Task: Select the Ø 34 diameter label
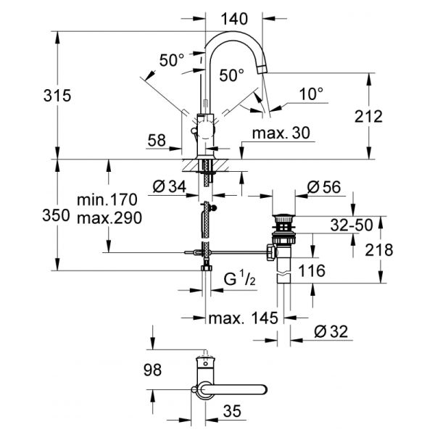(171, 188)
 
